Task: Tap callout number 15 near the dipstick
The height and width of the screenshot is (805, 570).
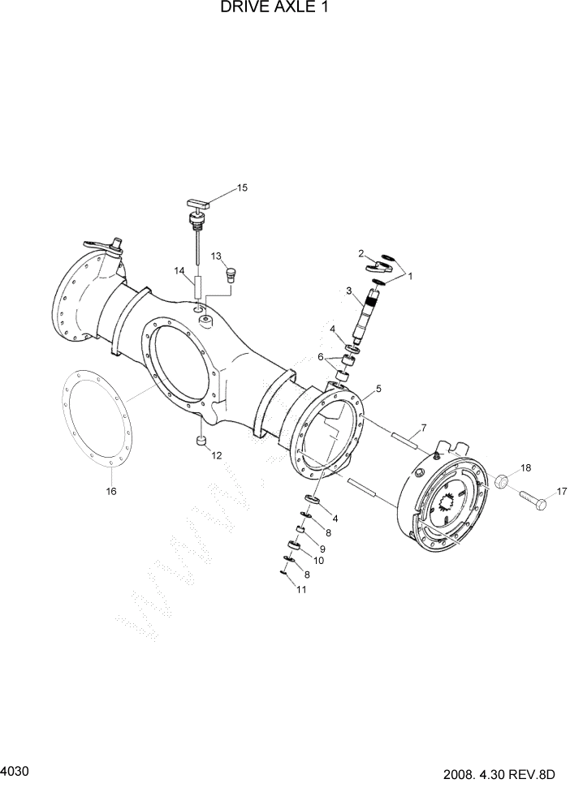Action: [242, 188]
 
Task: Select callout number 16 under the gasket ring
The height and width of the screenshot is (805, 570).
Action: [111, 491]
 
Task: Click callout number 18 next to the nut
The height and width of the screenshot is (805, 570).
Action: [525, 468]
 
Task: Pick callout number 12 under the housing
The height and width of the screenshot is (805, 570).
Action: [217, 455]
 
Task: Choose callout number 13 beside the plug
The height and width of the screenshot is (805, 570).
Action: [218, 256]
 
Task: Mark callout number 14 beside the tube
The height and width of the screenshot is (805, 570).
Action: [179, 270]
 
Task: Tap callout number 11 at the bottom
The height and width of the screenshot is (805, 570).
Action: [301, 590]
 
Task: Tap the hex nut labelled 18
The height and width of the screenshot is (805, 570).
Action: [501, 483]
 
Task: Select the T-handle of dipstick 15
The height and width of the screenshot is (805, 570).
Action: [197, 203]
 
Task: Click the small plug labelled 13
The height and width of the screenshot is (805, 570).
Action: [230, 274]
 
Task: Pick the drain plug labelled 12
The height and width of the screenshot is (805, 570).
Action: [200, 441]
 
